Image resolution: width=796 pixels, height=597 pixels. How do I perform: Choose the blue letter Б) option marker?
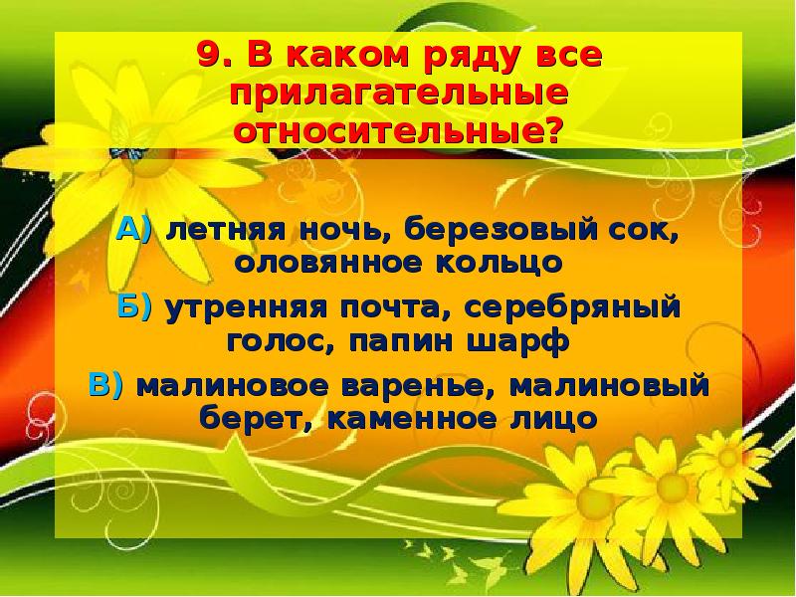click(134, 308)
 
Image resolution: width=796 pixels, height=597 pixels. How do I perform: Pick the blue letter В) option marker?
click(106, 385)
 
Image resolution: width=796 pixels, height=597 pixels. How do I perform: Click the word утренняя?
click(238, 308)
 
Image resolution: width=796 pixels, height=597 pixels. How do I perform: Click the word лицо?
click(556, 417)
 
